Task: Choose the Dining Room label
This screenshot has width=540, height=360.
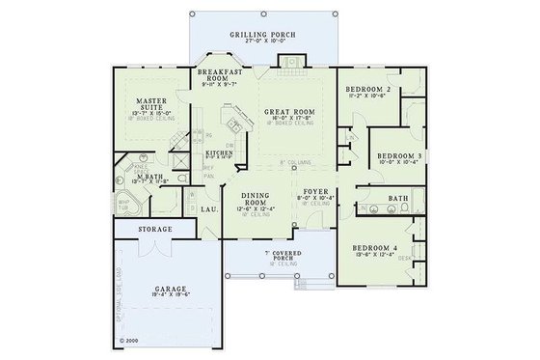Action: click(256, 198)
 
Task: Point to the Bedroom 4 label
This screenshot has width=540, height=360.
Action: click(371, 247)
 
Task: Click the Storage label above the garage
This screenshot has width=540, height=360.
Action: click(154, 230)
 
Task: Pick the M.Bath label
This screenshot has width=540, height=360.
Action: click(148, 177)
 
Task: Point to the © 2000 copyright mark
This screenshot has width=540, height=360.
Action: click(129, 340)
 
